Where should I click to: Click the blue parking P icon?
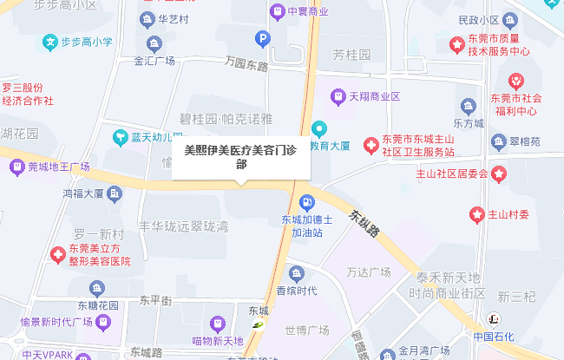click(x=262, y=38)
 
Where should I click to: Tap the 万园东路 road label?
click(x=246, y=63)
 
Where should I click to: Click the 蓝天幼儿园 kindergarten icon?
click(x=120, y=136)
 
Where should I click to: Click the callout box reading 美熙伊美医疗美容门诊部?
click(x=240, y=156)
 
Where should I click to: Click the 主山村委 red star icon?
click(x=476, y=213)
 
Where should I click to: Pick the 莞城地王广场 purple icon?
click(x=16, y=167)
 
